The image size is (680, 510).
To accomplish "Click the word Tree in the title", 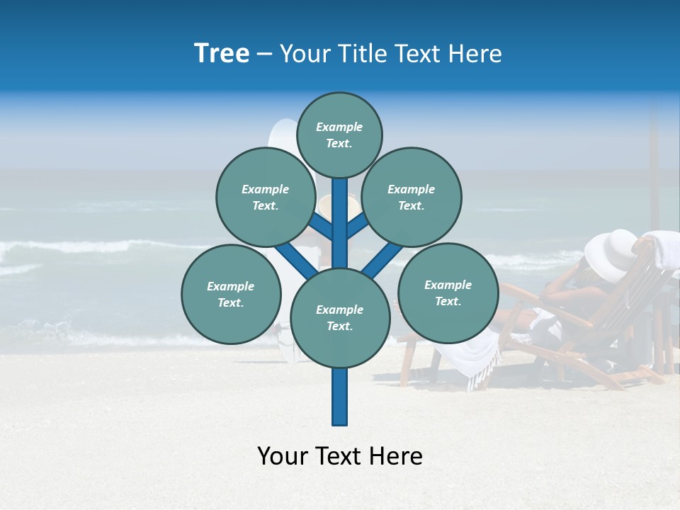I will [222, 54].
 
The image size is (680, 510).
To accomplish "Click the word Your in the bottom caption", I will [283, 456].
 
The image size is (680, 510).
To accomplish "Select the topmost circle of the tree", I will [339, 135].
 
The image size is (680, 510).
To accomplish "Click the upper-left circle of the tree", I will [266, 197].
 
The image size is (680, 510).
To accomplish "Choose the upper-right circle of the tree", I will [412, 197].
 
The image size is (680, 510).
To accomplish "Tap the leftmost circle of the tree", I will [231, 294].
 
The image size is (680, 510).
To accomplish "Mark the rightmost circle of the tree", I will [448, 293].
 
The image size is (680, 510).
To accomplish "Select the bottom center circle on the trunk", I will [340, 318].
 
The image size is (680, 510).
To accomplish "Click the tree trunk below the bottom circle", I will [340, 397].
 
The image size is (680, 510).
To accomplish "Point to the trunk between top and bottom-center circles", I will [340, 223].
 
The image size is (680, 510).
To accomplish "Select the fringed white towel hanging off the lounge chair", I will [471, 358].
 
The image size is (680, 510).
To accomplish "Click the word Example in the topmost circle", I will [339, 127].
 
